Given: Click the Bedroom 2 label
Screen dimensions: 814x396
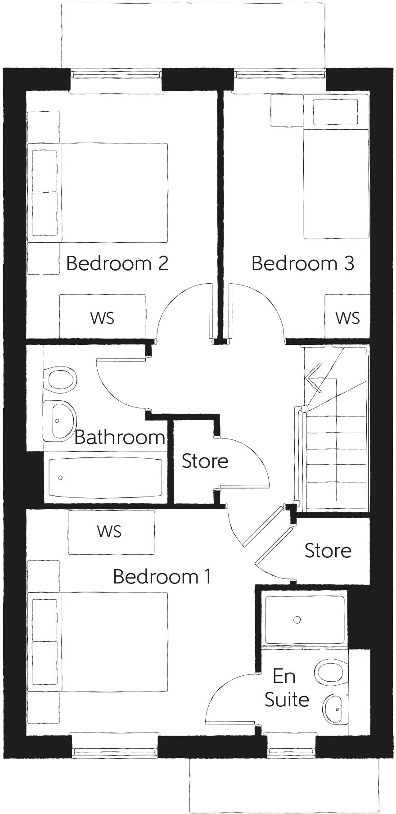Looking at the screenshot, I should (117, 263).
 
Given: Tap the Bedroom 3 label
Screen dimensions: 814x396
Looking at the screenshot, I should (302, 263).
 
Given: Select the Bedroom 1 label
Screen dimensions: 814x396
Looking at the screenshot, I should (162, 576).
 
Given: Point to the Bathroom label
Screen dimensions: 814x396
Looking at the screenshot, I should (119, 437).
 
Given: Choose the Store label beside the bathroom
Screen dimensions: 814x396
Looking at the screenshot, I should (205, 461).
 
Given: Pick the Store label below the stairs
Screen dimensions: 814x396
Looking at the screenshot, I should (328, 551).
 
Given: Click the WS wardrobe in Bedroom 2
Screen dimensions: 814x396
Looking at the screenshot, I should (103, 317).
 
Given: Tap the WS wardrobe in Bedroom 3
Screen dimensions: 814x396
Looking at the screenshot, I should (347, 317).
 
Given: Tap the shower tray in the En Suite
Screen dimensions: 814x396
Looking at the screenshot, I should (304, 620).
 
